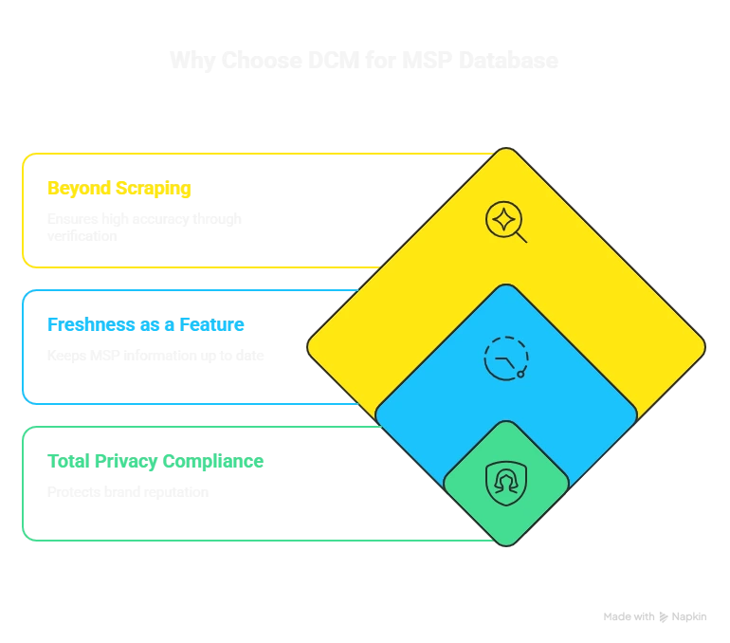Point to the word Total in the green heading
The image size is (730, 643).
coord(65,462)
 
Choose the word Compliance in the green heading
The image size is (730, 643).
coord(212,462)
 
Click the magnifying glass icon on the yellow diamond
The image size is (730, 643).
coord(504,221)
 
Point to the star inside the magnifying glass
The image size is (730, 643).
coord(502,218)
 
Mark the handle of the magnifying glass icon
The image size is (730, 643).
coord(520,236)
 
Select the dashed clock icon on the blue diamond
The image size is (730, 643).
coord(505,358)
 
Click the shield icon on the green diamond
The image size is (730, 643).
coord(505,482)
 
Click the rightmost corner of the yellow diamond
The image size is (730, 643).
coord(703,347)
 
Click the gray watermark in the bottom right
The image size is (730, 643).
coord(653,615)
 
